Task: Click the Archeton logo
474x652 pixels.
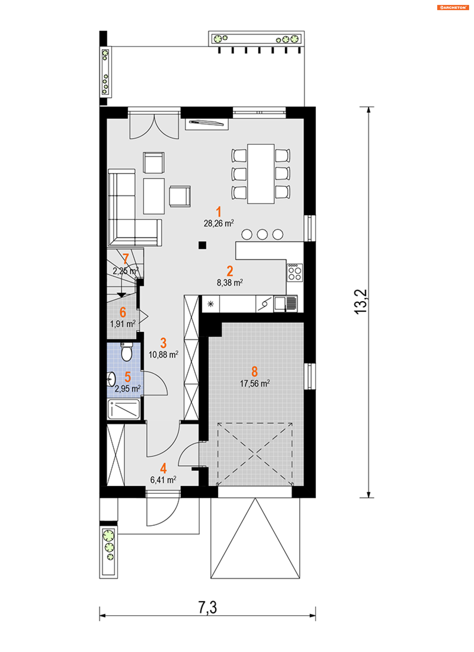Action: coord(453,7)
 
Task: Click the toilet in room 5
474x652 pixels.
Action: coord(126,351)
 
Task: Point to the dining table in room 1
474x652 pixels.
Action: coord(261,174)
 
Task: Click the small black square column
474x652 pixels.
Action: coord(202,245)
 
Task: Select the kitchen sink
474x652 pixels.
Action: coord(285,304)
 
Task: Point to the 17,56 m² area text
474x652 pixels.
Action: coord(255,384)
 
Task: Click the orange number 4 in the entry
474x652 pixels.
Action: coord(163,468)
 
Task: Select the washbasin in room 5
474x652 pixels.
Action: coord(111,379)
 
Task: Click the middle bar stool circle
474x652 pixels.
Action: coord(262,234)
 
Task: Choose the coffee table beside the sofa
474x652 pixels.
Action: coord(154,196)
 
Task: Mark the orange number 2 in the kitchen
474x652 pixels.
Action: coord(230,271)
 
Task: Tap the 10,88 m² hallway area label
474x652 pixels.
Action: coord(163,355)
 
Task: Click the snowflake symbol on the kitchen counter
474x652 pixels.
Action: coord(211,304)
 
